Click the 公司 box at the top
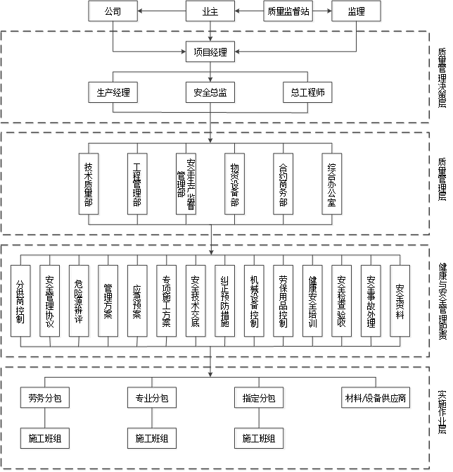tap(113, 11)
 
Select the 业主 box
tap(210, 11)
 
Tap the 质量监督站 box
tap(288, 11)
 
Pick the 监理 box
tap(357, 11)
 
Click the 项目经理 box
tap(210, 51)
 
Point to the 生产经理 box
tap(113, 92)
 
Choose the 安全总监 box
tap(210, 92)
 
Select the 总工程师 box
tap(308, 92)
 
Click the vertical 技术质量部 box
tap(89, 185)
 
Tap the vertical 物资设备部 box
tap(234, 185)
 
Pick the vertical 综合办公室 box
tap(332, 185)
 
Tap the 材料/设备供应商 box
tap(376, 398)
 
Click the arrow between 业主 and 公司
tap(161, 11)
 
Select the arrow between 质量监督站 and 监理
tap(323, 11)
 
